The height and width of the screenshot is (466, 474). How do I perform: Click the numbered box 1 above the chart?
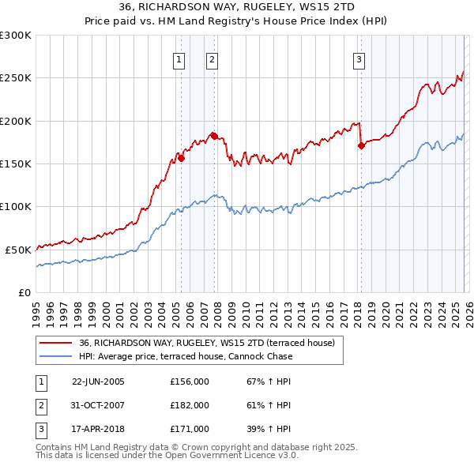click(x=179, y=59)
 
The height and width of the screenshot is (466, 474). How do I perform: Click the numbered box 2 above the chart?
click(x=213, y=59)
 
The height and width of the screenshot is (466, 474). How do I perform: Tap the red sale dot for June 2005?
click(x=182, y=158)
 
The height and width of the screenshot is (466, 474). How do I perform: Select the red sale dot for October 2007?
click(x=214, y=136)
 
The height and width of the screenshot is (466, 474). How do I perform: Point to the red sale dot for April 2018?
click(x=361, y=145)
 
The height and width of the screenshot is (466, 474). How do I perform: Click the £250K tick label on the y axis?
click(x=16, y=78)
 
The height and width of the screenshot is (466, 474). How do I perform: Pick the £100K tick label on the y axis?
click(x=16, y=206)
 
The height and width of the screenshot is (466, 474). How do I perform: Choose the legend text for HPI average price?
click(x=186, y=356)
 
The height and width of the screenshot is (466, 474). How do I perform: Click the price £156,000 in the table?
click(x=190, y=381)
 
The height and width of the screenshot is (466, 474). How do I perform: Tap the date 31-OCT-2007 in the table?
click(x=98, y=405)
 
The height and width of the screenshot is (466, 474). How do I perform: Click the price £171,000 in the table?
click(x=190, y=429)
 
